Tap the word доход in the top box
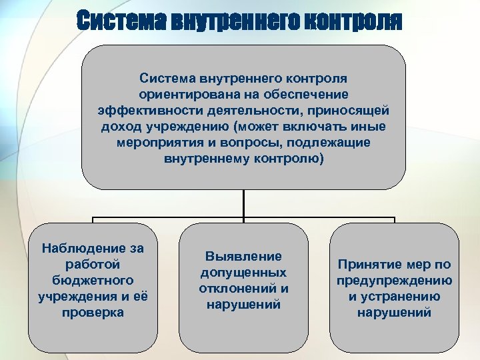123,127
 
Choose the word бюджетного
93,280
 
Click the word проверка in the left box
93,311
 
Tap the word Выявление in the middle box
243,257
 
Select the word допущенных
243,273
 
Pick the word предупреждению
395,280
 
